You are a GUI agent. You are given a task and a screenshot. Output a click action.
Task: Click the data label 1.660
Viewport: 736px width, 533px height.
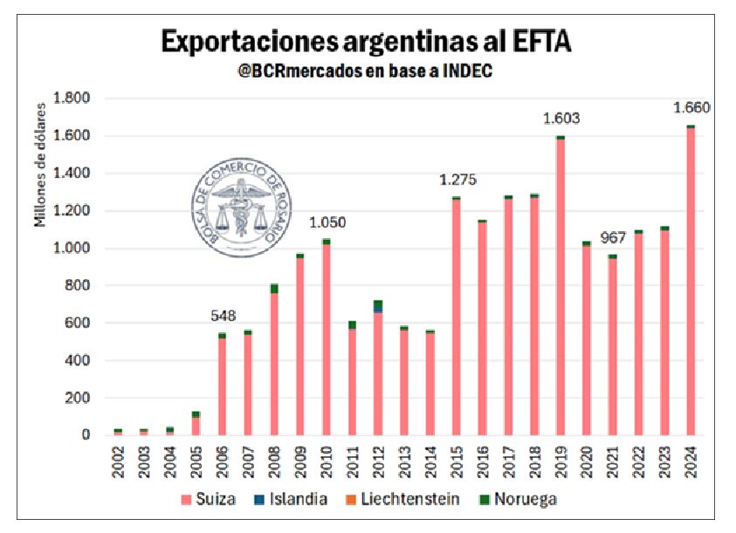coord(691,108)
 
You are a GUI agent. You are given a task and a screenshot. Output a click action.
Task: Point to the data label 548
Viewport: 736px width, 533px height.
coord(224,316)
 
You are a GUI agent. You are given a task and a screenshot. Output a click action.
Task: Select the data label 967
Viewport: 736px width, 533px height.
coord(614,237)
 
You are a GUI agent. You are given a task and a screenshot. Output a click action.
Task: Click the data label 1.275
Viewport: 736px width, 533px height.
coord(457,181)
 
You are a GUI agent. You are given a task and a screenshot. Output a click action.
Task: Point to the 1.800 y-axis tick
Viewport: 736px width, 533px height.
coord(72,99)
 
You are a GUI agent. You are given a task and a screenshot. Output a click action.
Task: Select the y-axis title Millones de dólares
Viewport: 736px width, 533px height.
coord(40,174)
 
